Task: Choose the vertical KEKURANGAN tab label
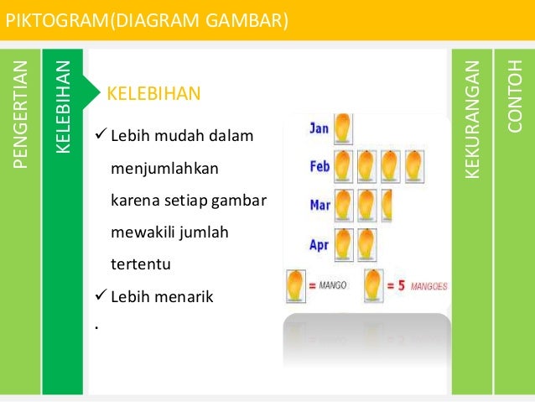coord(473,117)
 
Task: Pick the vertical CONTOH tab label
coord(515,97)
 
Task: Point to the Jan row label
coord(319,128)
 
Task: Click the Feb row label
coord(319,166)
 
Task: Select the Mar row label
coord(319,204)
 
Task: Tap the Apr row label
coord(319,245)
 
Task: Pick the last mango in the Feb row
coord(413,164)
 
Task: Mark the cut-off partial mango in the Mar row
coord(387,205)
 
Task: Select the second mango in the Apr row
coord(367,244)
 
